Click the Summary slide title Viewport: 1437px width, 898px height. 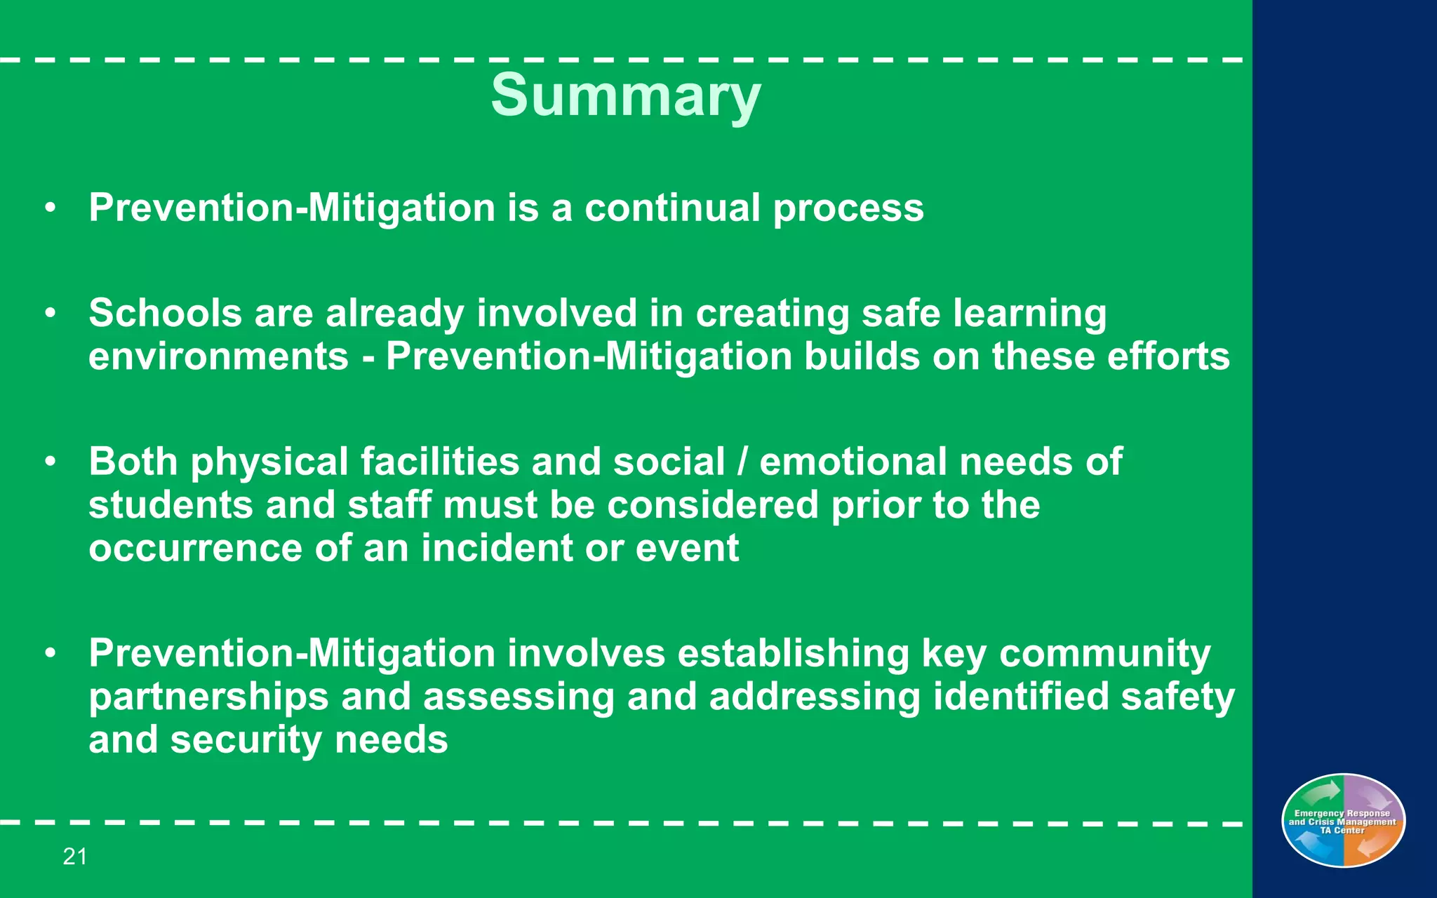tap(625, 95)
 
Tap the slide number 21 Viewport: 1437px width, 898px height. tap(75, 856)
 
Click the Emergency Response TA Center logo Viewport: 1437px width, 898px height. tap(1343, 820)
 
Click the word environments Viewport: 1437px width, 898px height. tap(218, 356)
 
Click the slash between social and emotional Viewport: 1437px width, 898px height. tap(742, 462)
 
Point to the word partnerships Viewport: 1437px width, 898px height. tap(208, 697)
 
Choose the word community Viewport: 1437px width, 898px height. tap(1104, 654)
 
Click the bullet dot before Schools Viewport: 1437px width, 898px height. tap(50, 313)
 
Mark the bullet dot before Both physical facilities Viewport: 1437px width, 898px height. tap(50, 462)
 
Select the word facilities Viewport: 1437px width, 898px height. tap(440, 462)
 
